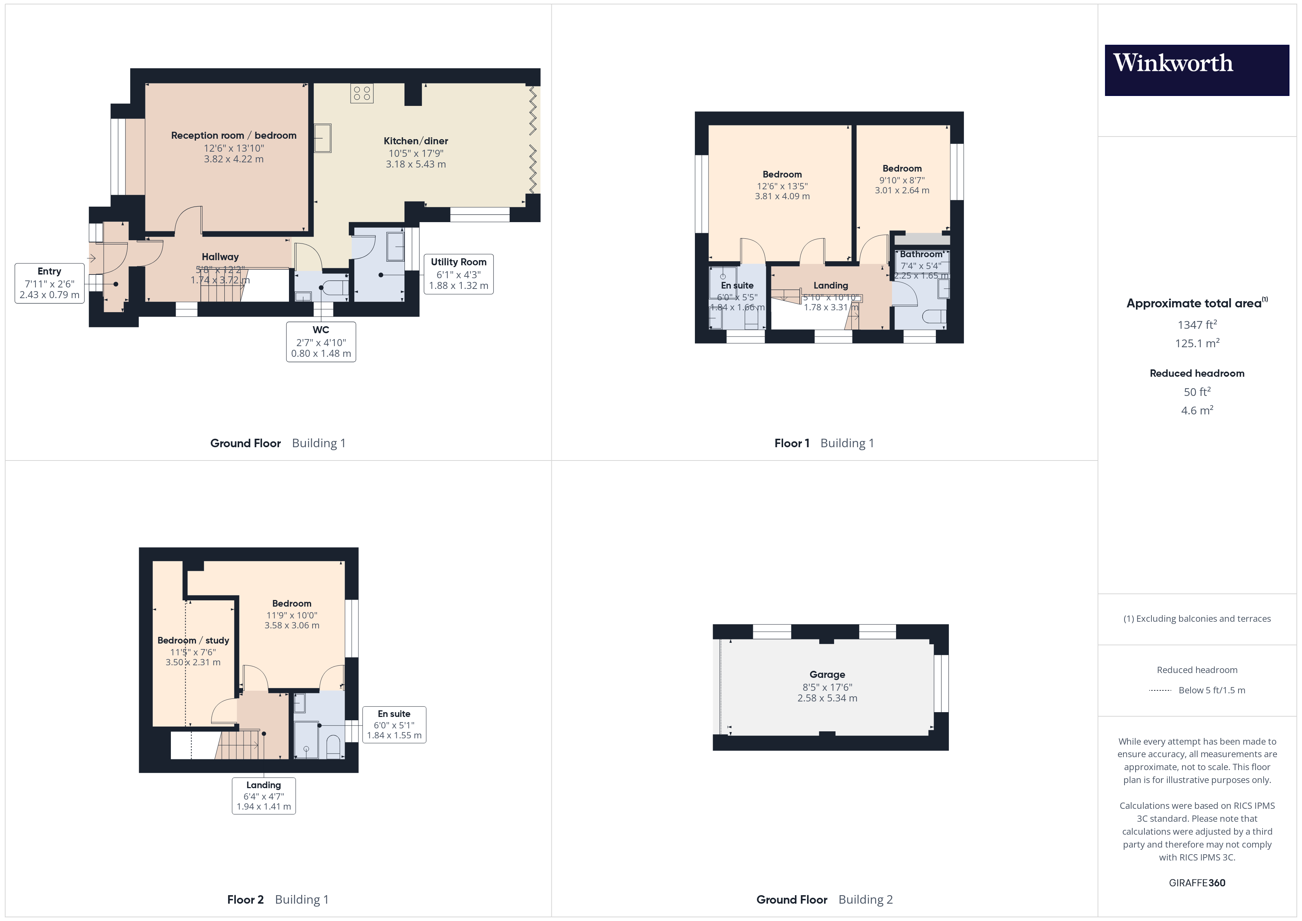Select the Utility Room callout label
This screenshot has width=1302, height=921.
(x=458, y=274)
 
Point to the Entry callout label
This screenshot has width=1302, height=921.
(x=49, y=283)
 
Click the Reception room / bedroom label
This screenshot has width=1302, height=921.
(x=234, y=135)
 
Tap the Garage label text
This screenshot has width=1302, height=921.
(x=827, y=674)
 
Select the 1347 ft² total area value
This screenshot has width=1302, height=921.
(x=1196, y=325)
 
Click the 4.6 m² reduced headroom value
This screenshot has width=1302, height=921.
(x=1196, y=410)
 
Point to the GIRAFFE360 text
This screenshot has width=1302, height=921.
(x=1196, y=883)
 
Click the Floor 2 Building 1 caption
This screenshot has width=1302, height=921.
(x=277, y=900)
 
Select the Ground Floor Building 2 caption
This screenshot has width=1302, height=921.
(x=824, y=900)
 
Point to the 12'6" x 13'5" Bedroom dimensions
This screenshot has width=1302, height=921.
(x=782, y=186)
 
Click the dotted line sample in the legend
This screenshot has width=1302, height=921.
(x=1160, y=690)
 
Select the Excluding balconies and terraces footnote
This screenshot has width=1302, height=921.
(x=1196, y=619)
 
